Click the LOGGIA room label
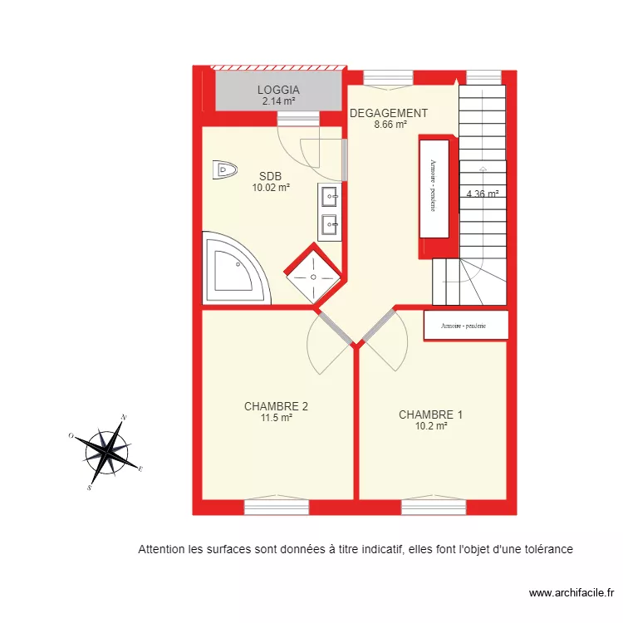277,90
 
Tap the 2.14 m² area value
277,101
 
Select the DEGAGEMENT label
389,113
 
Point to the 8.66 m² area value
390,125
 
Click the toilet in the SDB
224,169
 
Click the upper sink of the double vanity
330,198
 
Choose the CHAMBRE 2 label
276,406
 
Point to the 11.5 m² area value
276,418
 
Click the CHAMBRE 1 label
430,415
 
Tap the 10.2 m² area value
431,426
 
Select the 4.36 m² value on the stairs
482,194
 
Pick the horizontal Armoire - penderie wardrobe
464,326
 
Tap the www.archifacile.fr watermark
571,593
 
